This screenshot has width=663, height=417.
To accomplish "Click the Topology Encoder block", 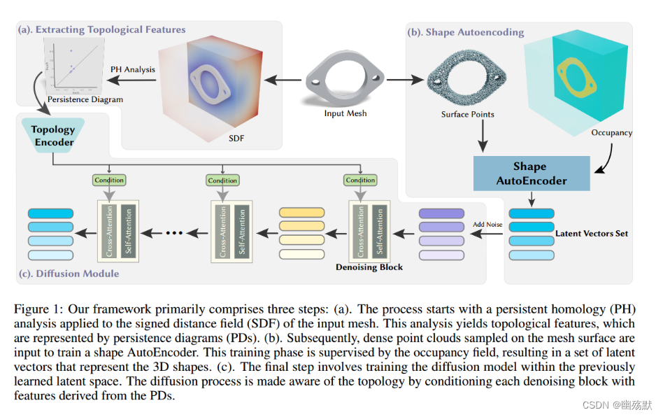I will [x=53, y=136].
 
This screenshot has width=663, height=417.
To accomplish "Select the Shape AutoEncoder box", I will [x=530, y=173].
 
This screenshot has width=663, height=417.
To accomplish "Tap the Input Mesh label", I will [x=345, y=113].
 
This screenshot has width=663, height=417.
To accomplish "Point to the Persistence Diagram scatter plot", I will [x=69, y=66].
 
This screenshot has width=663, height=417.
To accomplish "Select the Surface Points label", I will [x=467, y=114].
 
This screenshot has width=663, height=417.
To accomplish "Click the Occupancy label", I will [x=611, y=132].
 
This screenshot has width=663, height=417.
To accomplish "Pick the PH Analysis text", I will [x=132, y=69].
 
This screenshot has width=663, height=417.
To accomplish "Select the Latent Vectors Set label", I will [x=591, y=233].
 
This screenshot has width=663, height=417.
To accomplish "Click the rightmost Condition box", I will [x=360, y=180].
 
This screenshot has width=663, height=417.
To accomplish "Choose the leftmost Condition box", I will [x=108, y=180].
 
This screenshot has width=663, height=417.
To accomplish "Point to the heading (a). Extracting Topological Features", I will [x=103, y=29].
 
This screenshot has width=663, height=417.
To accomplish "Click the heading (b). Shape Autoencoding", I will [x=465, y=32].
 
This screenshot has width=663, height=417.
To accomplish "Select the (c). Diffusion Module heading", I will [x=70, y=274].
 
